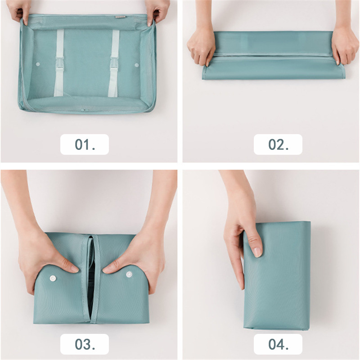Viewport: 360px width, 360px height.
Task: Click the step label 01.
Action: click(x=85, y=144)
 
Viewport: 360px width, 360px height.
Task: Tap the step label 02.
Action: click(x=278, y=144)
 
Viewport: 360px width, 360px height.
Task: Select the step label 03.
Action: click(x=85, y=344)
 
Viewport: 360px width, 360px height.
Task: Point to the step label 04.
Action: click(x=278, y=344)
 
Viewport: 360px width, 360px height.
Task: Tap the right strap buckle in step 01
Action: click(x=114, y=65)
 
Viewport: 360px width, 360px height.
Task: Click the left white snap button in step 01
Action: click(x=38, y=64)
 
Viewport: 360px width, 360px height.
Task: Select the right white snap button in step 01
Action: click(x=137, y=65)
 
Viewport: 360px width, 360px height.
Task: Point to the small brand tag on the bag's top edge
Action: click(x=120, y=17)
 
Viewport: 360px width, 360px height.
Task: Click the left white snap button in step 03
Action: click(x=53, y=279)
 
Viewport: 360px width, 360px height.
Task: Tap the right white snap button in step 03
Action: click(x=129, y=274)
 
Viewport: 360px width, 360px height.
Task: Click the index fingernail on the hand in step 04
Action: click(x=257, y=252)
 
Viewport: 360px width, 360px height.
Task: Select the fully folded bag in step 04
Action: click(x=277, y=275)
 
